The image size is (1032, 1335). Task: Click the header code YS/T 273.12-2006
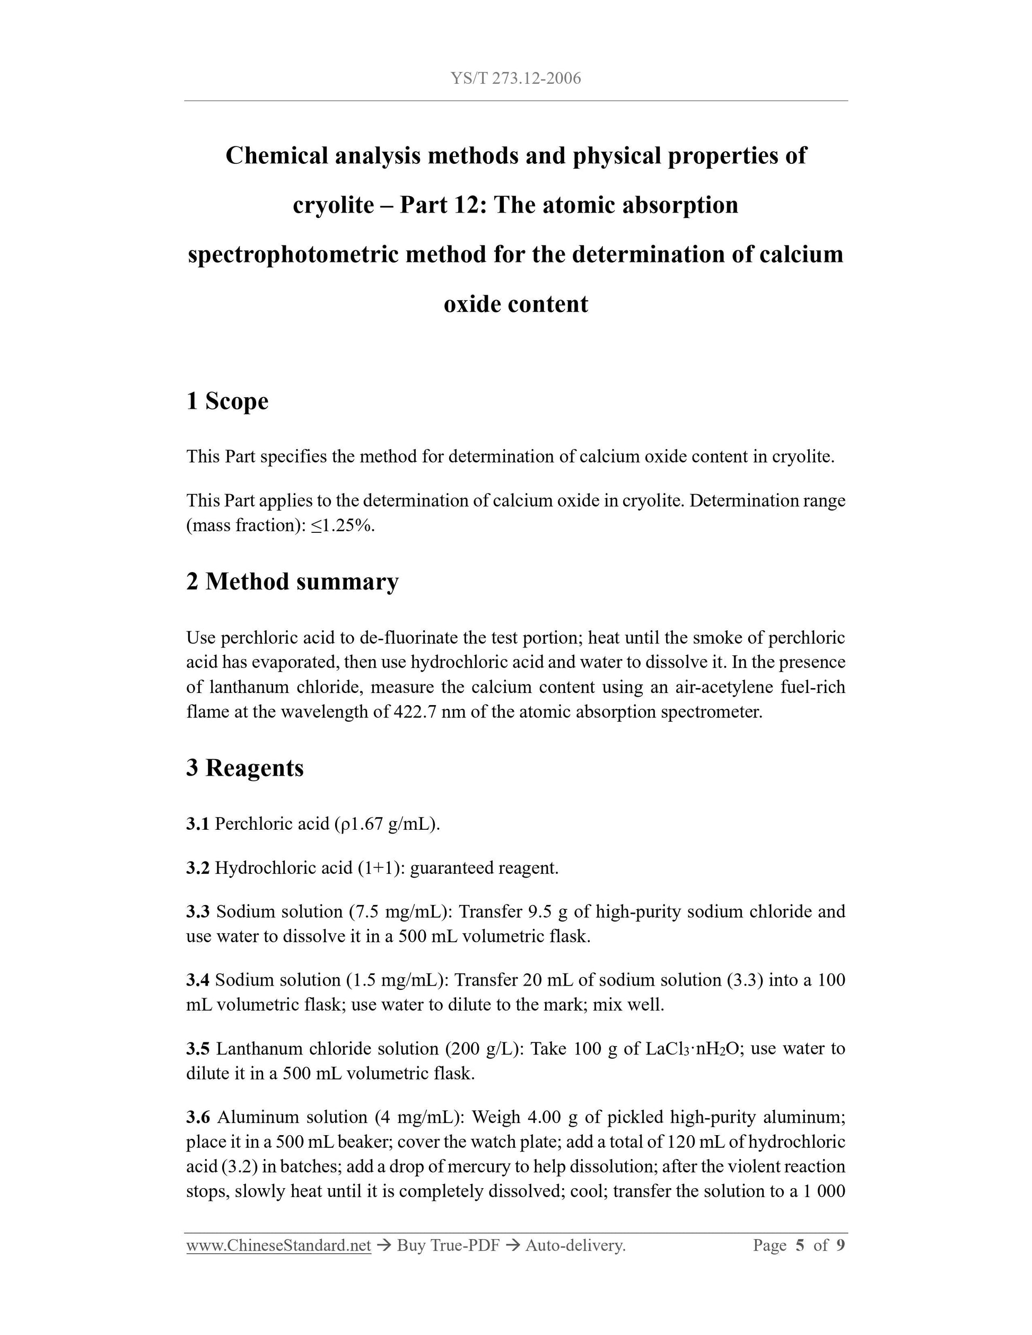point(515,78)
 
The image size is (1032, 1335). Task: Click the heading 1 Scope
point(227,401)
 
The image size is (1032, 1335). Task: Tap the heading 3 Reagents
point(244,768)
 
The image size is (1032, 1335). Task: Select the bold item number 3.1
point(197,824)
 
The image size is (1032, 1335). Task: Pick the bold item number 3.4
point(197,980)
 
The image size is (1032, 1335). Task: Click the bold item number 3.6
point(197,1118)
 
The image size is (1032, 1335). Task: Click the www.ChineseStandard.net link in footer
point(279,1245)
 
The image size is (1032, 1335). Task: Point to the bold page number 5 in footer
point(800,1245)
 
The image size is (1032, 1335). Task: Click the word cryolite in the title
point(333,205)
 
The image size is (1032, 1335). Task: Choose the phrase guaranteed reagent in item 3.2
point(484,868)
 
